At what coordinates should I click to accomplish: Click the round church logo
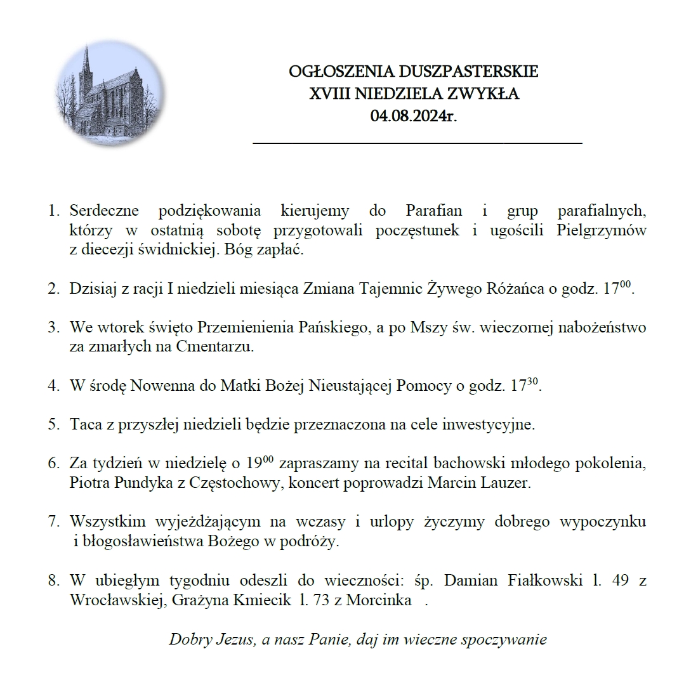coord(110,95)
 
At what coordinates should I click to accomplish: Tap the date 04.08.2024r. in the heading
coord(414,117)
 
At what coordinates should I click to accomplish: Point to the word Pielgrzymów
coord(601,230)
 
